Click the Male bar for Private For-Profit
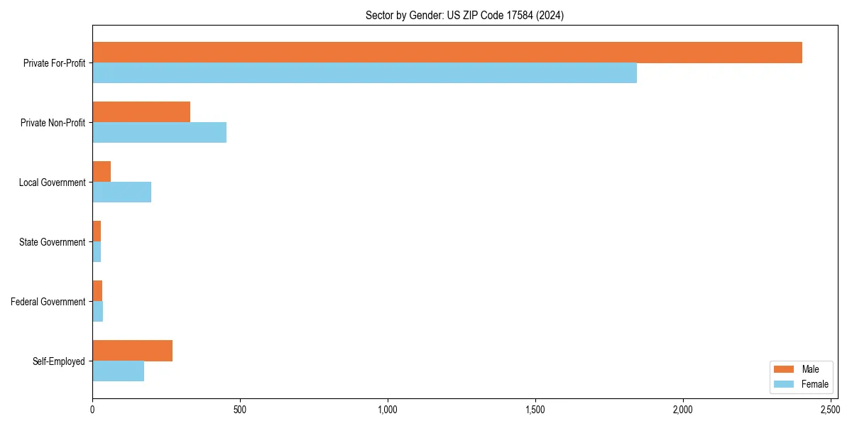pyautogui.click(x=447, y=53)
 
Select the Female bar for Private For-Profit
pyautogui.click(x=364, y=73)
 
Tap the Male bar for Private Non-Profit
pyautogui.click(x=141, y=112)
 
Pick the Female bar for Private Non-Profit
pyautogui.click(x=159, y=133)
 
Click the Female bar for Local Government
pyautogui.click(x=121, y=192)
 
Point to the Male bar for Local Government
pyautogui.click(x=102, y=172)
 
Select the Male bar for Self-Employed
pyautogui.click(x=132, y=351)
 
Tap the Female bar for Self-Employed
pyautogui.click(x=118, y=371)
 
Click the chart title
pyautogui.click(x=464, y=16)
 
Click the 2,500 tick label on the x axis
pyautogui.click(x=831, y=410)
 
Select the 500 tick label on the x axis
pyautogui.click(x=240, y=410)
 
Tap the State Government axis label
pyautogui.click(x=53, y=242)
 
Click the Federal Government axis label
pyautogui.click(x=48, y=302)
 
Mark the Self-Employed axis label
pyautogui.click(x=59, y=361)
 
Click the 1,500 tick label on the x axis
pyautogui.click(x=535, y=410)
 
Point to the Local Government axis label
pyautogui.click(x=53, y=182)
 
